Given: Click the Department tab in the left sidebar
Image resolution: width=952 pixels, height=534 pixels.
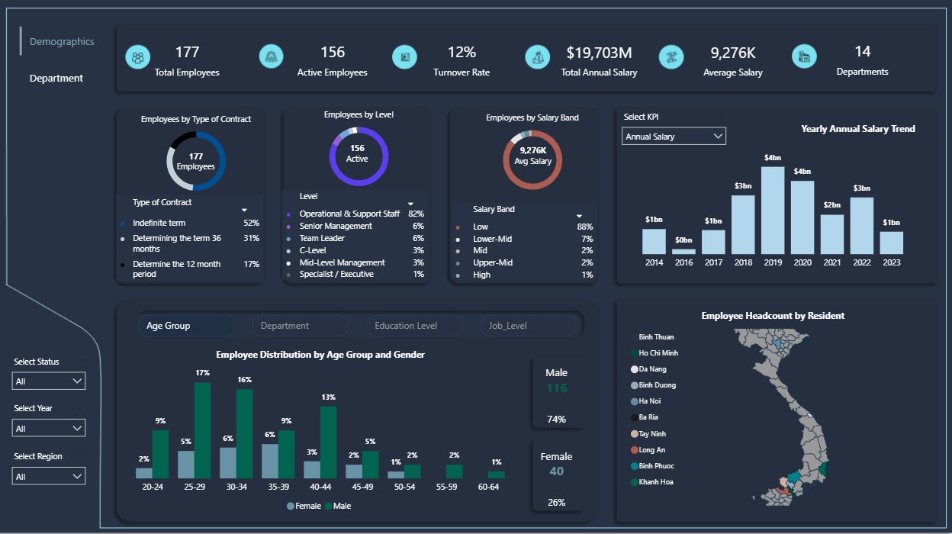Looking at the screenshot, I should (56, 78).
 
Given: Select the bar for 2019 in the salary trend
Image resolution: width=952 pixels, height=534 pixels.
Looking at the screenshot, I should (773, 211).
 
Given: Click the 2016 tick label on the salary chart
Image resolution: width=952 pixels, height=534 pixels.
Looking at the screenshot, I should (683, 262).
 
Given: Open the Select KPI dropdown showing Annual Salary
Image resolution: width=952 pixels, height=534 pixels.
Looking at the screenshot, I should (674, 137).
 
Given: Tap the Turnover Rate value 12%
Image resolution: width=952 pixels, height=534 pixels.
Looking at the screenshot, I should (462, 52).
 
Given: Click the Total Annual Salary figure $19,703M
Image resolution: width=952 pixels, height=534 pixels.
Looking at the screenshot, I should (599, 53).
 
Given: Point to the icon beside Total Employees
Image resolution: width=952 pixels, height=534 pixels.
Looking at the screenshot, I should (138, 57).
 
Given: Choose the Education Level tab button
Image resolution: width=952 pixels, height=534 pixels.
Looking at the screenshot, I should (413, 326).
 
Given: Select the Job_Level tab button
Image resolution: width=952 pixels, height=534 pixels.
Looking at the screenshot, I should (527, 326).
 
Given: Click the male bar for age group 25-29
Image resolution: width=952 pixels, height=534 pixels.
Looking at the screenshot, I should (202, 430).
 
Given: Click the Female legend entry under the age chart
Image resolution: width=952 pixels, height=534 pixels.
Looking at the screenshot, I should (304, 506).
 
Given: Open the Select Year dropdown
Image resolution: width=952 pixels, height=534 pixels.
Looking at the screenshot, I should (49, 429).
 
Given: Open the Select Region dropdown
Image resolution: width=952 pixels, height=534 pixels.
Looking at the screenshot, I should (49, 477).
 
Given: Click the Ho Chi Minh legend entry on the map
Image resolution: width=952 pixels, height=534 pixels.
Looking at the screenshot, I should (658, 353).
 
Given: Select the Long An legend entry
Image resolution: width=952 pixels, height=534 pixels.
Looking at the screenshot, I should (651, 450).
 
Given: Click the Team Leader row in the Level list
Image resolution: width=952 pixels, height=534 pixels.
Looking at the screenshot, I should (322, 238).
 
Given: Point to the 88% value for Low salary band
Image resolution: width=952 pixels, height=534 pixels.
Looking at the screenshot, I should (585, 227).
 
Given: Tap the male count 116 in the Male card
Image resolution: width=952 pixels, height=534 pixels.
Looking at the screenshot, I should (557, 388).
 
